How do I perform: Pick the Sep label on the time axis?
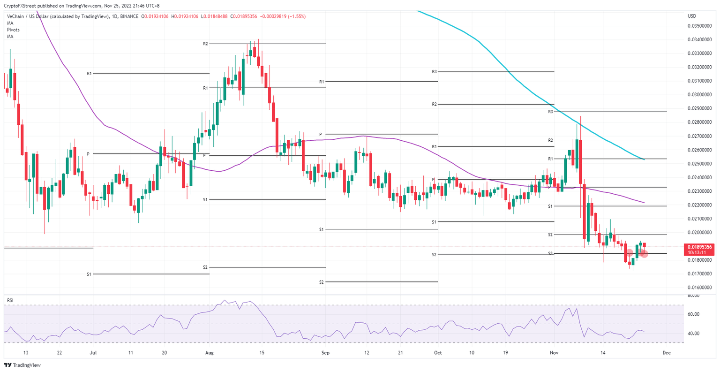pyautogui.click(x=323, y=353)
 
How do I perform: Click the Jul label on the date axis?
pyautogui.click(x=93, y=353)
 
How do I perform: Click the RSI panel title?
pyautogui.click(x=9, y=300)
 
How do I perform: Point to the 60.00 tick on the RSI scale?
pyautogui.click(x=693, y=314)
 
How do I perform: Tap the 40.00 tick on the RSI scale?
pyautogui.click(x=693, y=334)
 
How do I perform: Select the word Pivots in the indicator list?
pyautogui.click(x=13, y=30)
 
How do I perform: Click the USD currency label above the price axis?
pyautogui.click(x=691, y=16)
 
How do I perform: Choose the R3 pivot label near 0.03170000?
pyautogui.click(x=435, y=71)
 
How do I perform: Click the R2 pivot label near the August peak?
pyautogui.click(x=205, y=44)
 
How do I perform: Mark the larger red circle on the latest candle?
pyautogui.click(x=644, y=253)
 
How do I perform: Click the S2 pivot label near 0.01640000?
pyautogui.click(x=321, y=282)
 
